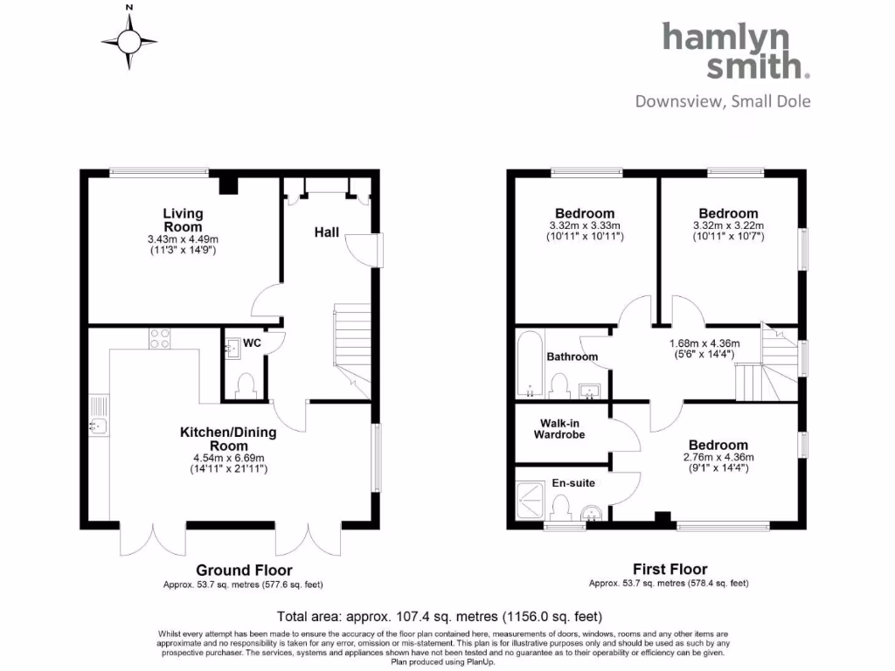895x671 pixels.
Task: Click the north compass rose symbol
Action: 129,39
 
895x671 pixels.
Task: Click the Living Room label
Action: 183,220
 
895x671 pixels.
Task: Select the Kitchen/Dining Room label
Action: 228,439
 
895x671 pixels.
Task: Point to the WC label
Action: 252,343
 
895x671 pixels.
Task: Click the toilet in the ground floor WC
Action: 246,384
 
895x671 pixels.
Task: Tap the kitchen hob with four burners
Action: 160,338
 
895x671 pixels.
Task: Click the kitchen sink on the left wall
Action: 97,425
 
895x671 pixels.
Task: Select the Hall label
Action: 327,232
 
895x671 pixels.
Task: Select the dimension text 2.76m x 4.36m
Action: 718,457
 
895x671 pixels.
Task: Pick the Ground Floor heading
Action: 232,570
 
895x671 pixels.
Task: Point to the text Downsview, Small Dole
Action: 723,101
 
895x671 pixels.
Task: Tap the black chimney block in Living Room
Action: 228,183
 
